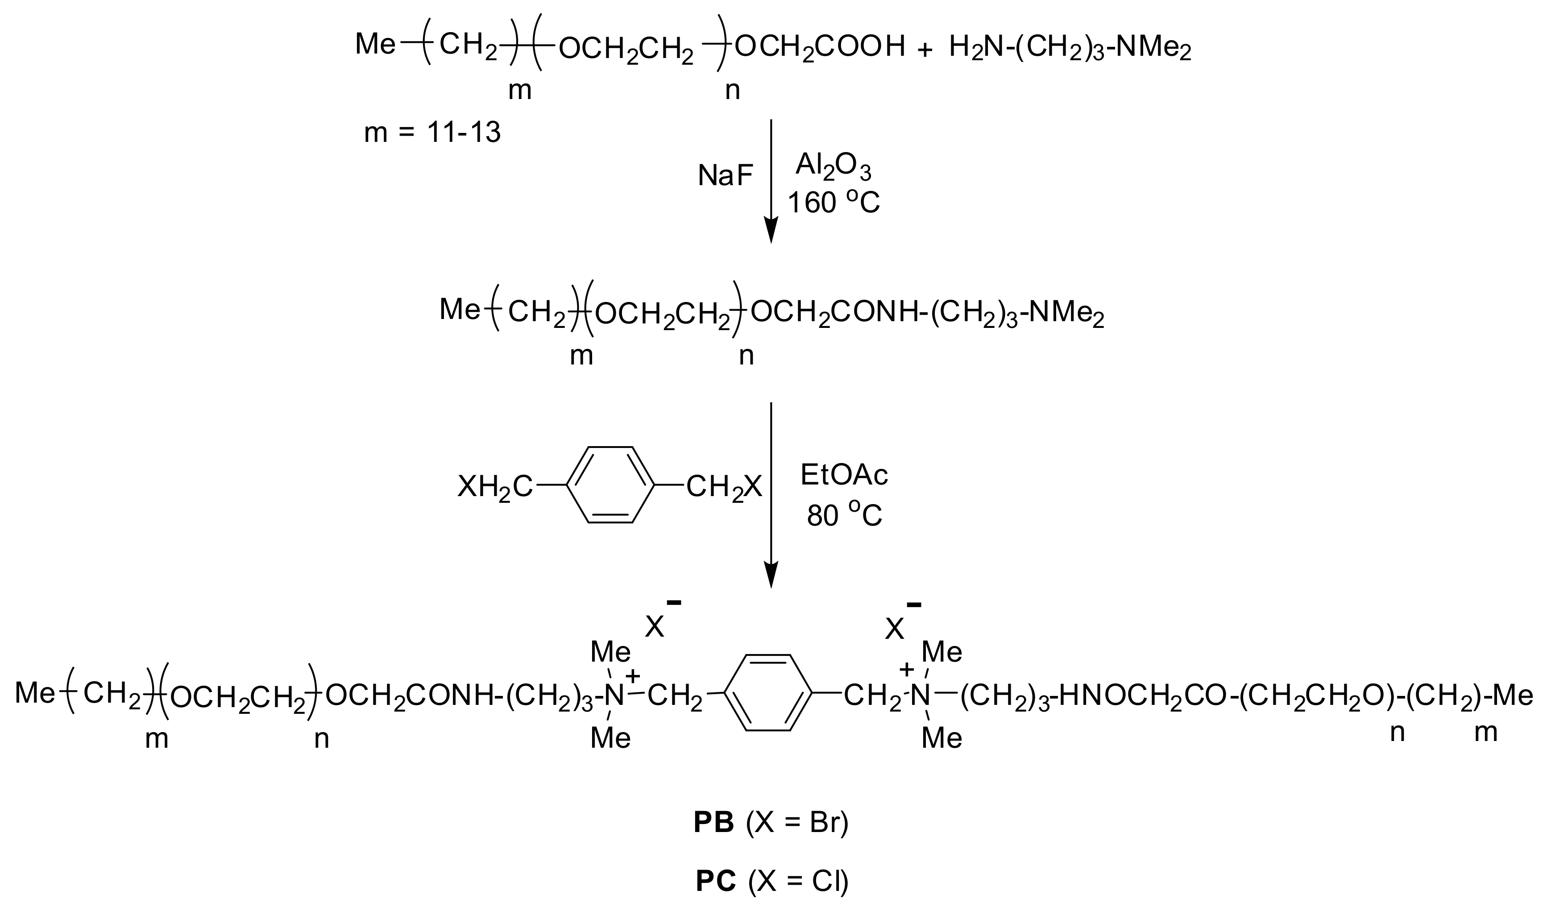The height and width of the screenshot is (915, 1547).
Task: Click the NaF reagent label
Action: [725, 176]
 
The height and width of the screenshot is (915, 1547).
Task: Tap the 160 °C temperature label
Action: [833, 203]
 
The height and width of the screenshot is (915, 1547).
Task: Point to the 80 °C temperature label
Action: [844, 515]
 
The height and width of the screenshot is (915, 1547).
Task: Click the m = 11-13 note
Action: [432, 132]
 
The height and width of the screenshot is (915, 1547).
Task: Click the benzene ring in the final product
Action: [767, 693]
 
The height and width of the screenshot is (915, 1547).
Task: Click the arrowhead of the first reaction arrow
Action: [771, 231]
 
